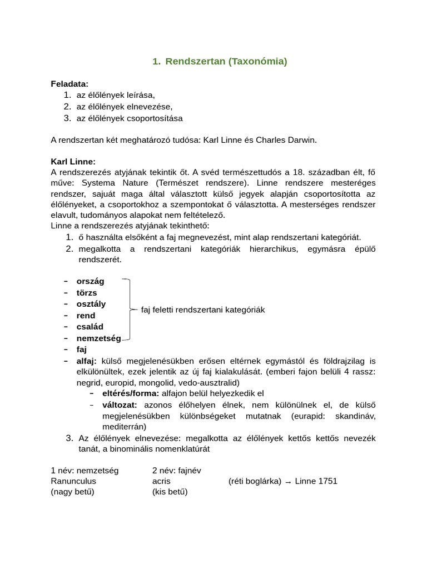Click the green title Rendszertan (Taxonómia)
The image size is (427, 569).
click(x=220, y=62)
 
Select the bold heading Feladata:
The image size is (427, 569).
click(x=69, y=84)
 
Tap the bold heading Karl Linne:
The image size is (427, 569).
click(x=73, y=161)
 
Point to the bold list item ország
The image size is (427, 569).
click(x=90, y=281)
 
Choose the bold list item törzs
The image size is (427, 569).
click(x=87, y=292)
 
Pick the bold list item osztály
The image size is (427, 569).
click(x=91, y=304)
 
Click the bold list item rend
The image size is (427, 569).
click(x=86, y=316)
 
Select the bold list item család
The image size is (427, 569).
click(x=90, y=327)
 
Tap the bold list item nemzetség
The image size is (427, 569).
click(x=98, y=338)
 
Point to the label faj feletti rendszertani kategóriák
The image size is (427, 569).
click(x=203, y=310)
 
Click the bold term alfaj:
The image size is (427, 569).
click(x=87, y=361)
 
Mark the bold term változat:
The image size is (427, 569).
click(x=120, y=405)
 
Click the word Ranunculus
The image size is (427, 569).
click(x=73, y=481)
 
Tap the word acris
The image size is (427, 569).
click(x=161, y=481)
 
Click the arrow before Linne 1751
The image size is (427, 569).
click(x=288, y=482)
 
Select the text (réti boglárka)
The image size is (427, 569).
click(x=255, y=481)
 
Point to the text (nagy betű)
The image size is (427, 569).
click(x=72, y=492)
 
